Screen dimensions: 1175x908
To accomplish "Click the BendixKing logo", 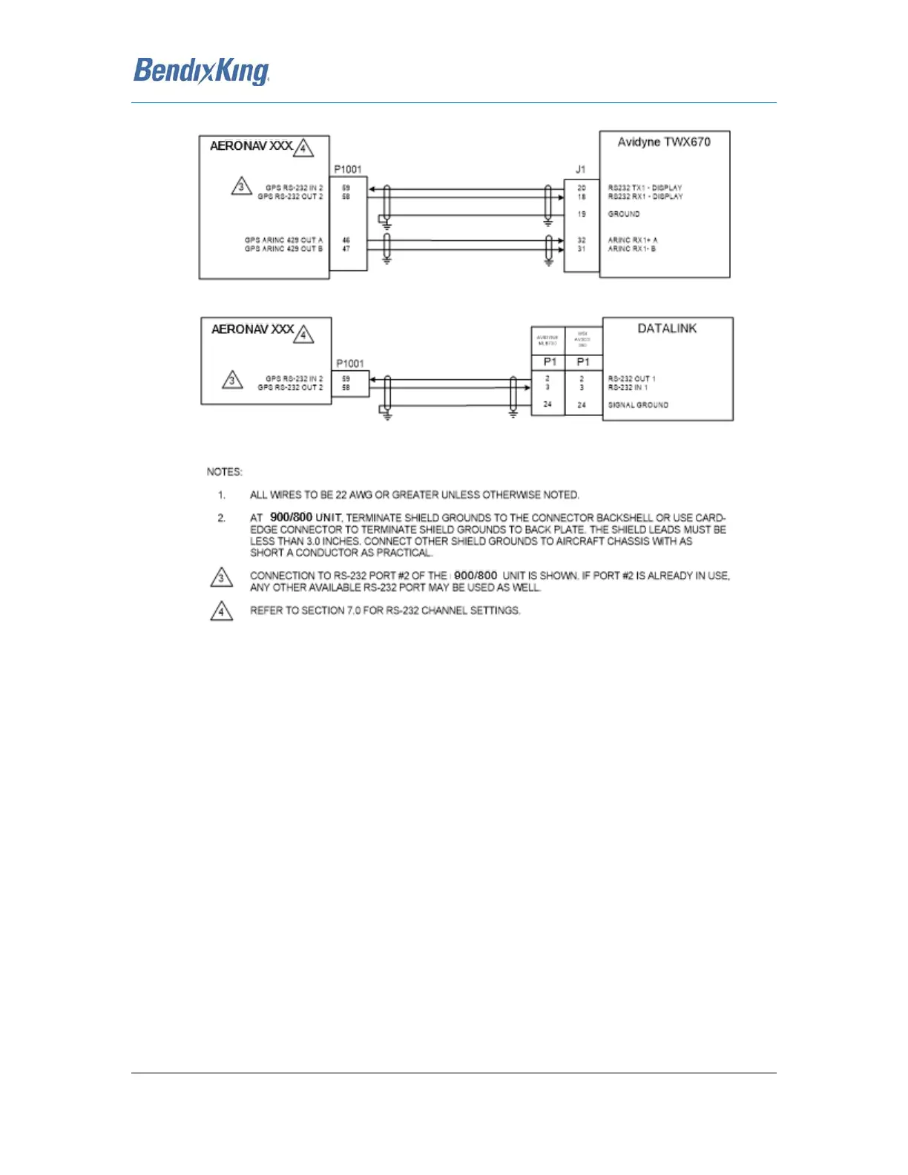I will [201, 71].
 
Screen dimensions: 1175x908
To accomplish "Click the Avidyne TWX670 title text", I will [664, 142].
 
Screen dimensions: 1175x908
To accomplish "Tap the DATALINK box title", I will [667, 329].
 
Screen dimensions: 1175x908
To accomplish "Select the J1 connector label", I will [580, 169].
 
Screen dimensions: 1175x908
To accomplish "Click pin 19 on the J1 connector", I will [582, 214].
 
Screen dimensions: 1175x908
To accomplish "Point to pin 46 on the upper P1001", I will [346, 240].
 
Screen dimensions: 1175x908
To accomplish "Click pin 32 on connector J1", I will [582, 240].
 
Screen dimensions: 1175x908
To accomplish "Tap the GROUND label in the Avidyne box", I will [624, 214].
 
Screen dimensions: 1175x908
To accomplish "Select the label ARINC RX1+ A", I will [633, 240].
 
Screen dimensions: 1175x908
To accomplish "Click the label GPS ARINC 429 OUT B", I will [283, 249].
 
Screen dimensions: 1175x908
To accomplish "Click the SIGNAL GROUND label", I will [638, 405].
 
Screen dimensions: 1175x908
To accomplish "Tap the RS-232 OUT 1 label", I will [632, 379].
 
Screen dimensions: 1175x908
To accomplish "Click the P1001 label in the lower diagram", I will [350, 363].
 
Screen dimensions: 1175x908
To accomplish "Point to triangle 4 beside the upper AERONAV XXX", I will [303, 148].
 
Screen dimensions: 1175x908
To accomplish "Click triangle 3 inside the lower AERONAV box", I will [232, 381].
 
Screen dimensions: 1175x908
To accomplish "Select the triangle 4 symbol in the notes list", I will [221, 612].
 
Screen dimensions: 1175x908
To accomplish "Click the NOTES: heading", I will [224, 472].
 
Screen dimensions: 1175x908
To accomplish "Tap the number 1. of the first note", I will [221, 495].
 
